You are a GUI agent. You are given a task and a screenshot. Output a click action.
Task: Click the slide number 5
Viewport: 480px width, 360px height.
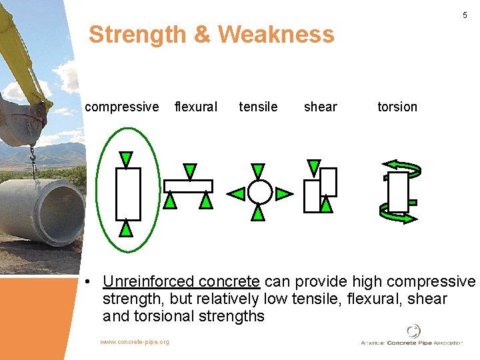465,15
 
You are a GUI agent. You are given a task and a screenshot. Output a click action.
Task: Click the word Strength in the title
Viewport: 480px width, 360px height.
137,34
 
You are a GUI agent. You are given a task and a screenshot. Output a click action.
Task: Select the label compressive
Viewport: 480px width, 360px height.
122,107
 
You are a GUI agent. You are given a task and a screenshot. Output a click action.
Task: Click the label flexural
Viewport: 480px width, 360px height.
195,107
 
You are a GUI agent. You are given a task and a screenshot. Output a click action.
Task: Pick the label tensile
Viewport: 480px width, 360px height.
258,107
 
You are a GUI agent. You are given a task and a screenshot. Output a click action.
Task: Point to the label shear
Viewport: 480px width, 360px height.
320,107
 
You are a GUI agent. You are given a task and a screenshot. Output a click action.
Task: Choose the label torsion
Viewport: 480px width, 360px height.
397,107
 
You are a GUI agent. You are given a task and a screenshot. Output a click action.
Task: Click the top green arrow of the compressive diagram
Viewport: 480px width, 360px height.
126,159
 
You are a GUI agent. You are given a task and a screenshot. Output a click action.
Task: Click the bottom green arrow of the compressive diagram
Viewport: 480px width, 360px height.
126,229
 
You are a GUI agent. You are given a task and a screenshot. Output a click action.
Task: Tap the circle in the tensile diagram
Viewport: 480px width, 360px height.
259,193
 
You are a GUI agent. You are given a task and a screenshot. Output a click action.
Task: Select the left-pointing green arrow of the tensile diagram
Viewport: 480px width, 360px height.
236,194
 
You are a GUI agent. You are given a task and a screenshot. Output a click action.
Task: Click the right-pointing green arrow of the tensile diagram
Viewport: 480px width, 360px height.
283,194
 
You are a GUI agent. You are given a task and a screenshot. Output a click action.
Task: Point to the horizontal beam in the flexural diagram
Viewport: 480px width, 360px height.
189,186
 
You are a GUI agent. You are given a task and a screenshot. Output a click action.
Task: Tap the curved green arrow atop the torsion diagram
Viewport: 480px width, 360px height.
398,166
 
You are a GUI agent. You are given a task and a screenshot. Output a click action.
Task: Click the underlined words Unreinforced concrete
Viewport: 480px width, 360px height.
181,282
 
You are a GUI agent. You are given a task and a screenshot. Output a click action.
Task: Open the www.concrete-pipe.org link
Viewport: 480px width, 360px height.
135,342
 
